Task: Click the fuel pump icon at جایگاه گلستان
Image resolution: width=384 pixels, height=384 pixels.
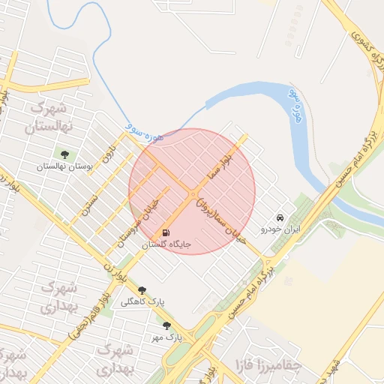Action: tap(166, 232)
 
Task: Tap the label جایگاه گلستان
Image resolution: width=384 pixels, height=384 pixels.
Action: tap(167, 244)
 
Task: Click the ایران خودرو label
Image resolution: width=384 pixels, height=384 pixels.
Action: tap(280, 228)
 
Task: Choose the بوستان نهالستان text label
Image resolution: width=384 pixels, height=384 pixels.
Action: tap(64, 166)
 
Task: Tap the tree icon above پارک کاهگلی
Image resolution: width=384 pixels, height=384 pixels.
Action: tap(142, 291)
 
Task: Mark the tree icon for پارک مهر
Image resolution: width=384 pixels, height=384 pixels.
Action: tap(166, 326)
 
